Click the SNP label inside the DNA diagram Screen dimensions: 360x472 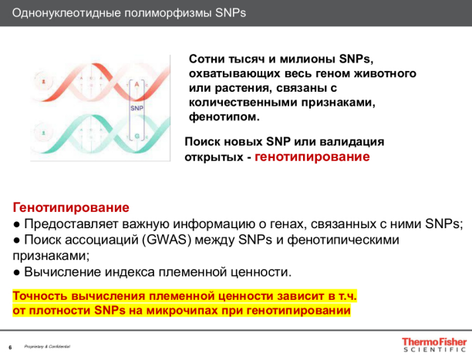tap(137, 109)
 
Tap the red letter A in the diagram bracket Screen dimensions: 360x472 tap(137, 82)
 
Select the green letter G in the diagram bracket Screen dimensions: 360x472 tap(137, 136)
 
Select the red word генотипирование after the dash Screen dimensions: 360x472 tap(312, 156)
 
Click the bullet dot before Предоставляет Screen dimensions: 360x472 tap(17, 224)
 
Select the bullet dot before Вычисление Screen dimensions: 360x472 tap(17, 272)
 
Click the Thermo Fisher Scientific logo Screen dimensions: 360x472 tap(433, 343)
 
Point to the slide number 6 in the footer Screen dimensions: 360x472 tap(9, 347)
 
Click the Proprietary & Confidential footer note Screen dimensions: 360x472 tap(48, 347)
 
